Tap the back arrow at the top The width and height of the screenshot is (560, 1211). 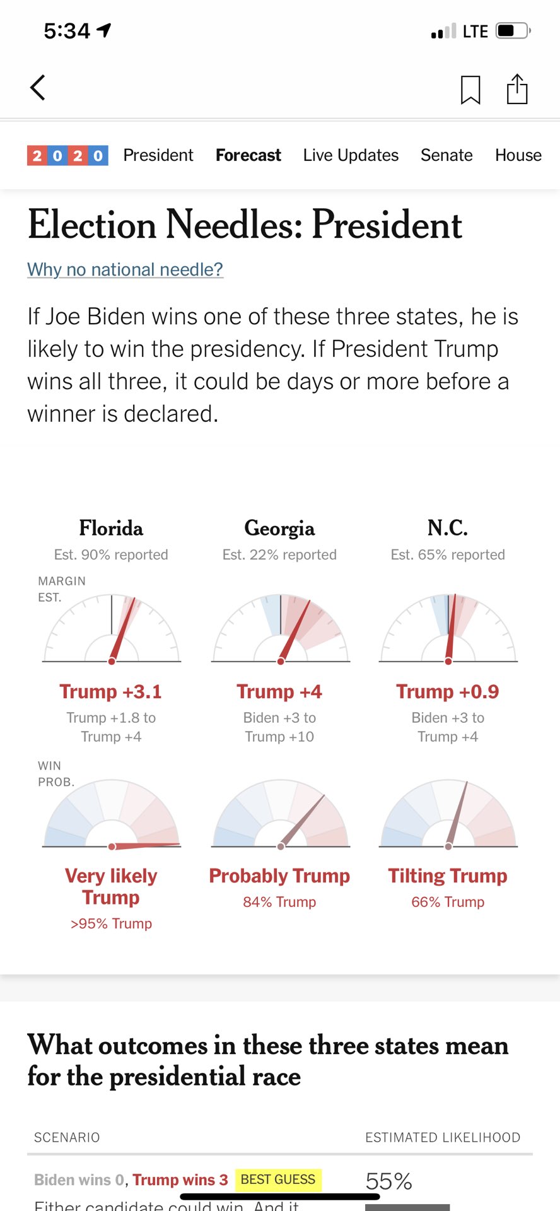38,88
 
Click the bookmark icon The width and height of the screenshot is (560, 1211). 470,89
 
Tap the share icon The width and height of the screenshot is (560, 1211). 517,88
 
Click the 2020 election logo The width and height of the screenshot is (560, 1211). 67,155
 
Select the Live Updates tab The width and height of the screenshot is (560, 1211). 351,155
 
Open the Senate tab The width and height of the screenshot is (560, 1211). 446,155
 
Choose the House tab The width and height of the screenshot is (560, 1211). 518,155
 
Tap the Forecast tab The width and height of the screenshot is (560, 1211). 248,155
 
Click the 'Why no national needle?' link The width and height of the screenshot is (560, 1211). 125,269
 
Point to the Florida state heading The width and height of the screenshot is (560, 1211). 111,528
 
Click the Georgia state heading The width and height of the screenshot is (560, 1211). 279,528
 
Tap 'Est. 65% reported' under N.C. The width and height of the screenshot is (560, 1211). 448,554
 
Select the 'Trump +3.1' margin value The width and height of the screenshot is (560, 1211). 111,691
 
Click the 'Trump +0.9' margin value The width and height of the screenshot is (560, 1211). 448,691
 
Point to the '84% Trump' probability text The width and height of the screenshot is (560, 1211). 279,902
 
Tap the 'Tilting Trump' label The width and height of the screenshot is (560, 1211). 448,875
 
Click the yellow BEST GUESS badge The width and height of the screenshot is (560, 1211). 278,1179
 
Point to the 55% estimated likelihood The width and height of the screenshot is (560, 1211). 388,1181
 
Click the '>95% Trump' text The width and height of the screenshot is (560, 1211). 111,923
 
